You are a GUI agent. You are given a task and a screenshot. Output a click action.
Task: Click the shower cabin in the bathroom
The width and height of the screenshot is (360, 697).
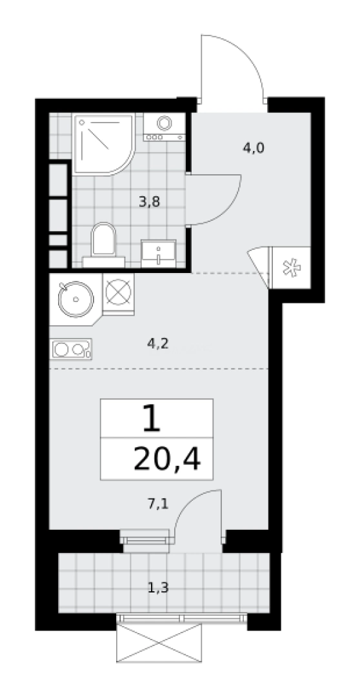104,144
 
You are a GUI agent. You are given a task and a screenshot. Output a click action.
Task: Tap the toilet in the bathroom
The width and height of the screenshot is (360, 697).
103,245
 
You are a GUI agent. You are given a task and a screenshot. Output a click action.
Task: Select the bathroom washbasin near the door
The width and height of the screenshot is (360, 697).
159,254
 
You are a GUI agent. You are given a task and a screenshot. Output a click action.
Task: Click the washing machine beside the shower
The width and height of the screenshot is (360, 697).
164,126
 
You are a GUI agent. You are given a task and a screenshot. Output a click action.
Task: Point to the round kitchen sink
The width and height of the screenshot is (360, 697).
76,299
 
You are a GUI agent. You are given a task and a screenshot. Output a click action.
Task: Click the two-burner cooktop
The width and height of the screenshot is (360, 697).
71,349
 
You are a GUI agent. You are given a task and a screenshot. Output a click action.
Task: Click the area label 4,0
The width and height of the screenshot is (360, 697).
254,148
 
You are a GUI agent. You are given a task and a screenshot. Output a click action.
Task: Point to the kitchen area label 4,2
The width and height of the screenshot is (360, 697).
158,343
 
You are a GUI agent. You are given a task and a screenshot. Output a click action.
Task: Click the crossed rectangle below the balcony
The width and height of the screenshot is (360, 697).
159,642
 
